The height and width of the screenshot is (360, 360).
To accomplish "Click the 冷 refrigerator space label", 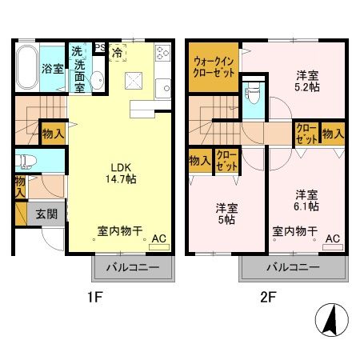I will (118, 54).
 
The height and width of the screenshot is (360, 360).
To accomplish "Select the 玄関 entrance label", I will (45, 214).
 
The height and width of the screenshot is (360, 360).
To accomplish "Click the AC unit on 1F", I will (158, 238).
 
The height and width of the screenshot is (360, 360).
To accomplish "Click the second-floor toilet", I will (253, 98).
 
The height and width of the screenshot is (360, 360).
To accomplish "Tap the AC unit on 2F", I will (332, 238).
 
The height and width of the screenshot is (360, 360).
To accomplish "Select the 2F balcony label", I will (293, 266).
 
